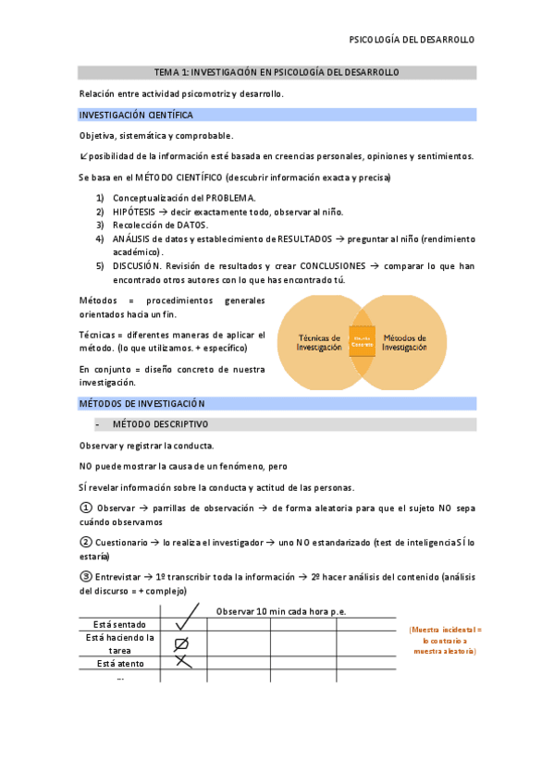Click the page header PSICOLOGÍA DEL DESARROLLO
click(x=411, y=40)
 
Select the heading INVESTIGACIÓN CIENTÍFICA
click(x=136, y=116)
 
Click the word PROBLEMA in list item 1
click(x=230, y=198)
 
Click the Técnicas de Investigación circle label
click(x=318, y=343)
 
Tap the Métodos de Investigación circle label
click(x=404, y=343)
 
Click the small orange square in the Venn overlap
click(x=362, y=341)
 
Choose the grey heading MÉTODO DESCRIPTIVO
click(x=160, y=424)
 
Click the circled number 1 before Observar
click(x=86, y=508)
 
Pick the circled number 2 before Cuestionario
click(x=86, y=542)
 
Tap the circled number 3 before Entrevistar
click(x=86, y=576)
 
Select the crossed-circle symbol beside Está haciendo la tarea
click(x=182, y=643)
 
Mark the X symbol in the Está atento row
click(x=183, y=661)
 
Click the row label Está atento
click(x=120, y=663)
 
